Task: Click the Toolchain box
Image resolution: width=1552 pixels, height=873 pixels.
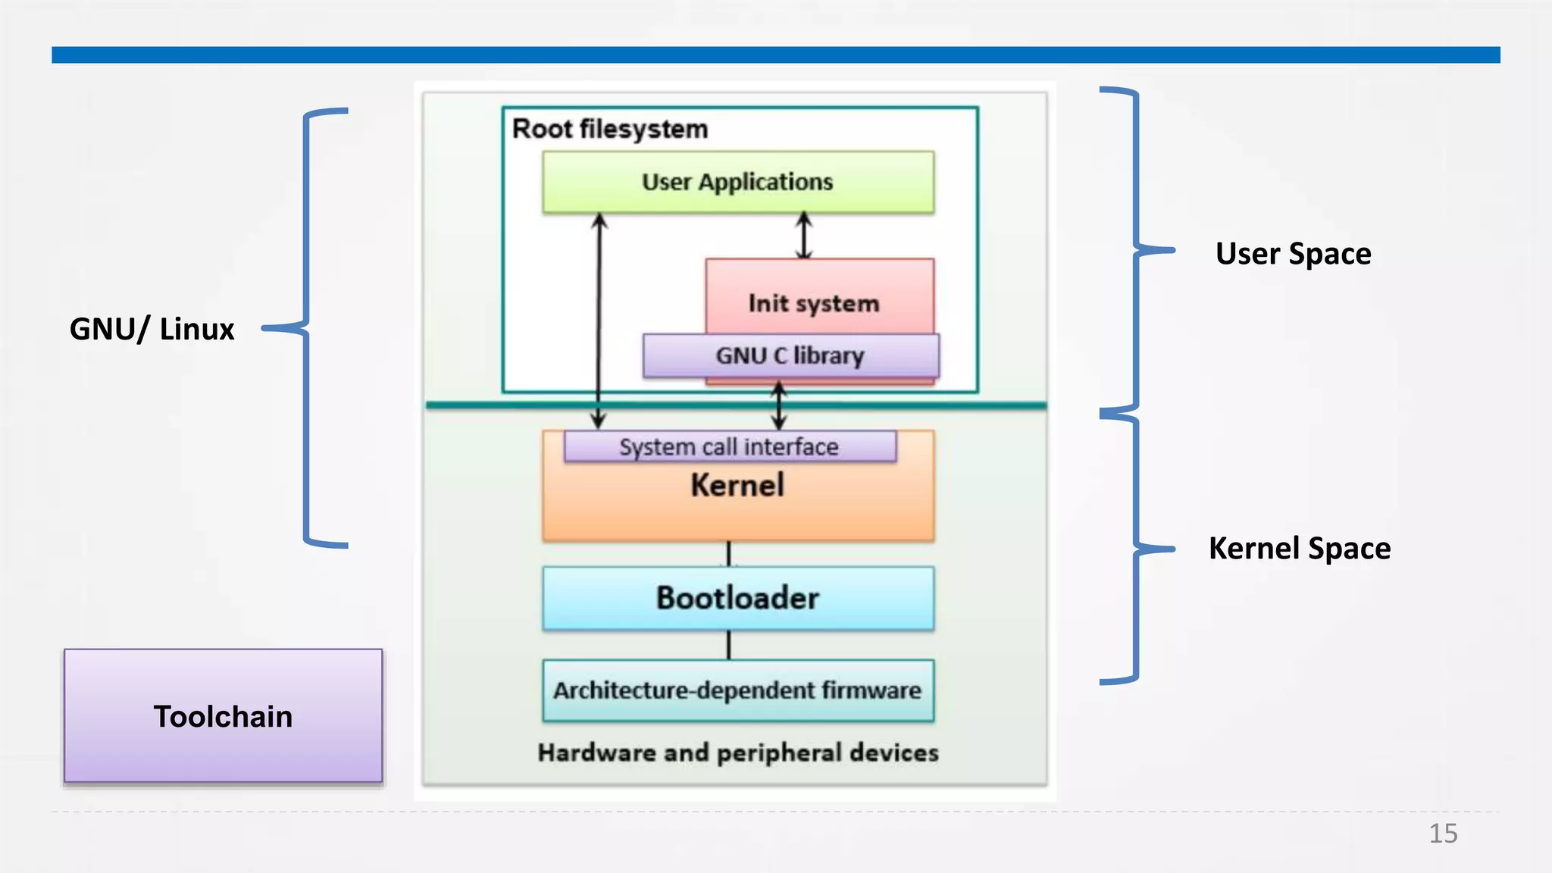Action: [223, 715]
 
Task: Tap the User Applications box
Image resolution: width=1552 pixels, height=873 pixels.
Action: [737, 182]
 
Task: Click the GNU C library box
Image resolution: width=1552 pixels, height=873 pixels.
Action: [790, 355]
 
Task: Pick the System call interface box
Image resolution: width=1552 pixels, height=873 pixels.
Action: [729, 446]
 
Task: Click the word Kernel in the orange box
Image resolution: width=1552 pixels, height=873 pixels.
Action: [737, 486]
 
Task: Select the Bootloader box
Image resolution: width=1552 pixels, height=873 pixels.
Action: [737, 598]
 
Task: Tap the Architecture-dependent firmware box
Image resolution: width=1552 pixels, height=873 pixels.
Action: [737, 690]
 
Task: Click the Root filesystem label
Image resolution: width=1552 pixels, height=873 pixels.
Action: [610, 129]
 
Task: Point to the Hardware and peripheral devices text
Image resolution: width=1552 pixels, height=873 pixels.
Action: [737, 753]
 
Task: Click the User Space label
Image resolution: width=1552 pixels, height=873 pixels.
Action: [1293, 254]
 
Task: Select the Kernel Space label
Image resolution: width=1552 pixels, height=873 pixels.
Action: [1299, 549]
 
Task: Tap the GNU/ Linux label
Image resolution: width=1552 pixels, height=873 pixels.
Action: [152, 329]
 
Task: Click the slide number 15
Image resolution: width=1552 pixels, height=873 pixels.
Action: [1443, 834]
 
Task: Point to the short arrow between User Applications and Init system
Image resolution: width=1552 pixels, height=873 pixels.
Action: [804, 236]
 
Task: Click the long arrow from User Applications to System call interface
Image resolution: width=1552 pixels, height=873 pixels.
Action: [599, 318]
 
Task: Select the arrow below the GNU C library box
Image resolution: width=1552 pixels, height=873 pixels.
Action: [778, 405]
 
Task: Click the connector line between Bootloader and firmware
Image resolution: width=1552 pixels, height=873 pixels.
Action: [728, 645]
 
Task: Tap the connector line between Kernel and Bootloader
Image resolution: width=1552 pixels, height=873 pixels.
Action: [728, 553]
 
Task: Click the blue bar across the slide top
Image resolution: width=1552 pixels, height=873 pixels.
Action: [775, 55]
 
